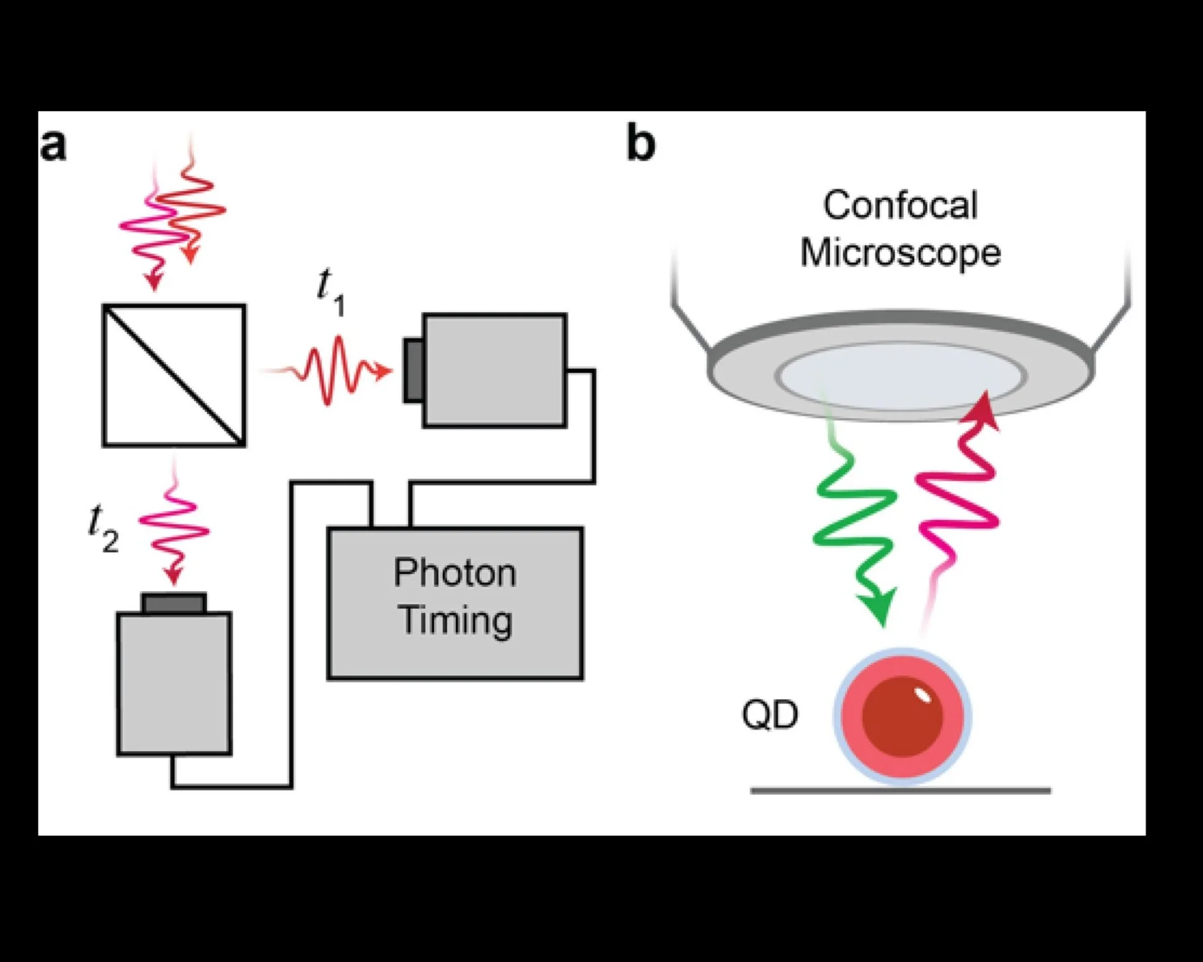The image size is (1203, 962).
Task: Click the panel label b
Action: pos(641,143)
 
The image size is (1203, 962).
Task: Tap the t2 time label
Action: pos(103,528)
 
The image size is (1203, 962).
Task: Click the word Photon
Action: pos(455,572)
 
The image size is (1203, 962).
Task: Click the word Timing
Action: pos(456,620)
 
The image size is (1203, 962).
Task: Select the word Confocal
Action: pos(900,205)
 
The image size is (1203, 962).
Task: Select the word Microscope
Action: pos(900,253)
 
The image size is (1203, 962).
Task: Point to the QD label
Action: pos(770,715)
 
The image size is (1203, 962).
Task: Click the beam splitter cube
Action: pos(174,375)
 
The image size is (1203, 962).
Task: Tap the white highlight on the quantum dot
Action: pos(923,695)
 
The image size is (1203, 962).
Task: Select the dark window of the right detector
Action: pos(414,370)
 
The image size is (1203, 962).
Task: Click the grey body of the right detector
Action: pos(494,371)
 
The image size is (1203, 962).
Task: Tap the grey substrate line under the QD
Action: pos(900,791)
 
